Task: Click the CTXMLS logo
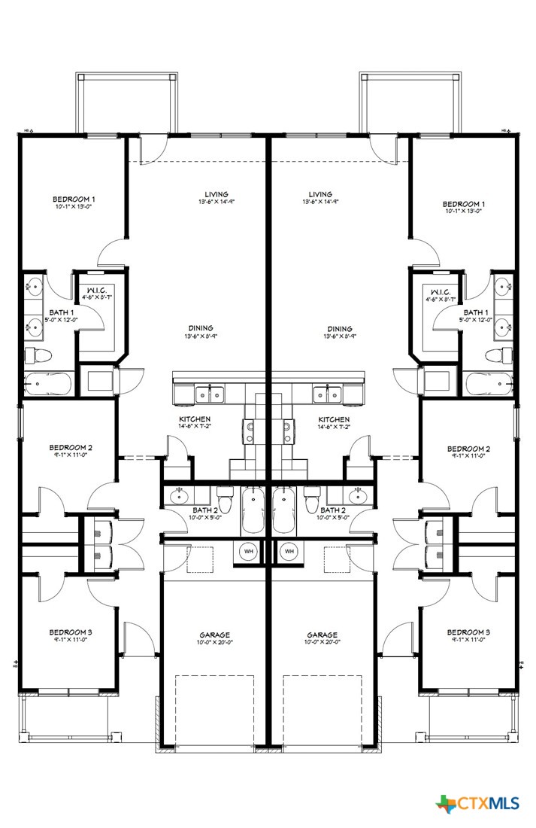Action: (x=477, y=803)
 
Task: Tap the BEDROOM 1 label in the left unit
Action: (x=74, y=199)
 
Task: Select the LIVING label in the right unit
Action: (x=319, y=193)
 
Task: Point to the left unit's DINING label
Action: (x=201, y=328)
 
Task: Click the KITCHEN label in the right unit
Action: (x=334, y=419)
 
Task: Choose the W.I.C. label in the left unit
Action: (x=98, y=292)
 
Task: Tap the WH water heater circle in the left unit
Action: (x=248, y=552)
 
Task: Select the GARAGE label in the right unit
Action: (x=322, y=635)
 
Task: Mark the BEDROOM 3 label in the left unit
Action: (x=71, y=632)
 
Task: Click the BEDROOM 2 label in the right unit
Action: (x=468, y=449)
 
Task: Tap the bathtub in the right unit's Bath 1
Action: (x=489, y=384)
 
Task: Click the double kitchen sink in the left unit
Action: (x=208, y=394)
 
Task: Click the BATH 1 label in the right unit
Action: (x=475, y=312)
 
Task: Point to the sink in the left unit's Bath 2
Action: (x=180, y=496)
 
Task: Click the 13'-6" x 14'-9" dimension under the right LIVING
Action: (x=320, y=202)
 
